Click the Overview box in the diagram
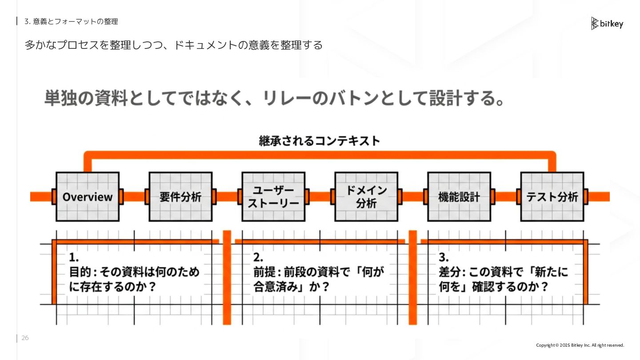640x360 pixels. coord(88,197)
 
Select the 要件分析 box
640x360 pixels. coord(180,197)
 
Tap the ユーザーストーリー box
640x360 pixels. coord(273,197)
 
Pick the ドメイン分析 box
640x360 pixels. coord(366,197)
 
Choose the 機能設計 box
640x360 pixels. coord(459,197)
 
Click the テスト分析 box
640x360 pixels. coord(552,197)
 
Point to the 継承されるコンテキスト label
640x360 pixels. coord(320,141)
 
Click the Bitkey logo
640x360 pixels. coord(607,24)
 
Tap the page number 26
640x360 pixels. coord(25,338)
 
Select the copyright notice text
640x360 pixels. coord(580,345)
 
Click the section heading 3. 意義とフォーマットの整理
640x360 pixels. coord(71,21)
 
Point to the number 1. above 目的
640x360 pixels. coord(74,257)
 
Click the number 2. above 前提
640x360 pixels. coord(258,257)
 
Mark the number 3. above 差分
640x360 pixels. coord(444,257)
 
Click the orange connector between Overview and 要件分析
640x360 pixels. coord(134,197)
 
